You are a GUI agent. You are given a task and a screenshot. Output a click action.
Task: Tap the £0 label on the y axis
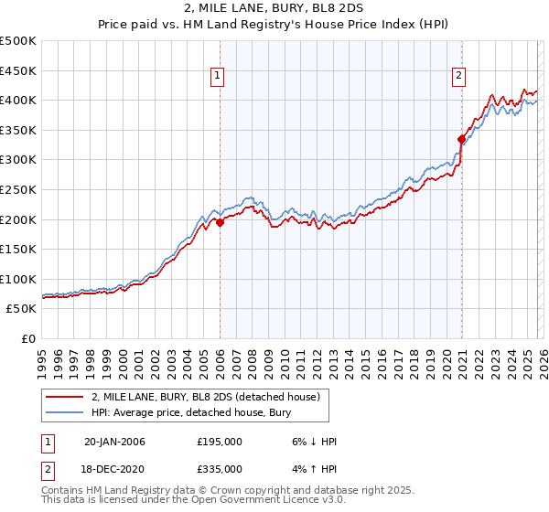tap(29, 338)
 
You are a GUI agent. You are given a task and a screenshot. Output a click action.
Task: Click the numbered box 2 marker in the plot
tap(457, 77)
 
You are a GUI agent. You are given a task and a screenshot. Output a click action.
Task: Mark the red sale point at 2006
tap(221, 222)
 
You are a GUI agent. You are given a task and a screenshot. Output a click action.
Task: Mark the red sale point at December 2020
tap(462, 139)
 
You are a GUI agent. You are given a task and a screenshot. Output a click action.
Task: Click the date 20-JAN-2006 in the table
tap(114, 442)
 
